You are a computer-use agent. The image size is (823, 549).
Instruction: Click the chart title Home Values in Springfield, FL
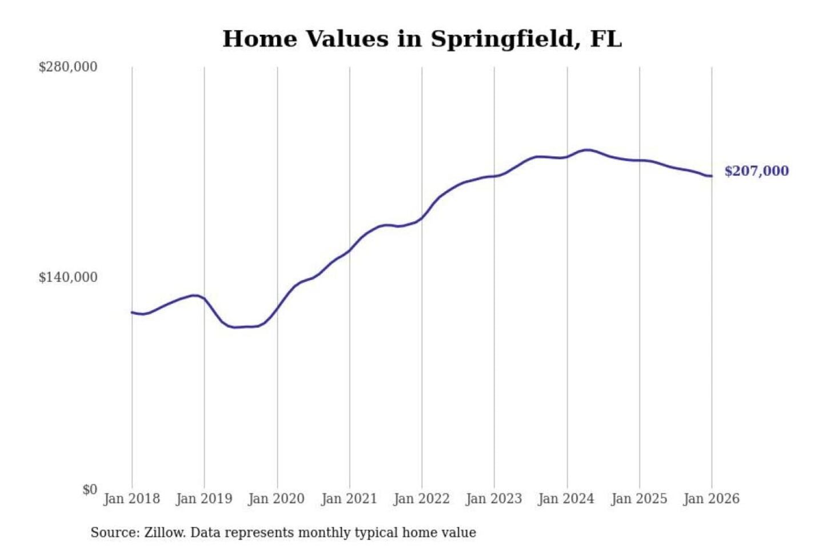click(x=422, y=39)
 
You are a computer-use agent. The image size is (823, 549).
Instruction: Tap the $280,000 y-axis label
click(x=68, y=67)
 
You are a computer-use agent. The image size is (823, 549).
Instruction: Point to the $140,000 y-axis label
click(x=68, y=277)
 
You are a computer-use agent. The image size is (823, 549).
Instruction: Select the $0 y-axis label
click(x=90, y=490)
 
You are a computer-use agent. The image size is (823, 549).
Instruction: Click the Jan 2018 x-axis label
click(x=132, y=499)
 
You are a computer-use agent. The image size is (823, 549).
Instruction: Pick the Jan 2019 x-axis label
click(x=204, y=499)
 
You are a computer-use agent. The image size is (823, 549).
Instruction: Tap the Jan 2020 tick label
click(x=277, y=499)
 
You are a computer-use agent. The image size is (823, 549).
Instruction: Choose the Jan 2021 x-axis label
click(x=349, y=499)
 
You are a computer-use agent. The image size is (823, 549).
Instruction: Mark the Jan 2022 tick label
click(x=422, y=499)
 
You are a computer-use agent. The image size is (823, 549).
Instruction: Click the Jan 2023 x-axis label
click(x=494, y=499)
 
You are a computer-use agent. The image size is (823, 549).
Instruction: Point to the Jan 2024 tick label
click(x=566, y=499)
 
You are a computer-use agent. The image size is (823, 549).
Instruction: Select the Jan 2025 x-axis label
click(x=639, y=499)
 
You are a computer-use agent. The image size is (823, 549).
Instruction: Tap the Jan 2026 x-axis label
click(x=712, y=499)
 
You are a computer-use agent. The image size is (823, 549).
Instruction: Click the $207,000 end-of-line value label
click(x=756, y=171)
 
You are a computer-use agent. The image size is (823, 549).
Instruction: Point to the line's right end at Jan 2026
click(x=712, y=176)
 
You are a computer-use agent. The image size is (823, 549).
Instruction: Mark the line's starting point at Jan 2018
click(x=132, y=312)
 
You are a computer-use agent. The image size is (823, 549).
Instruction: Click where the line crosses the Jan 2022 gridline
click(x=422, y=217)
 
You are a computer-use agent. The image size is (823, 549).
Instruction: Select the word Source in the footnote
click(x=114, y=533)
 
